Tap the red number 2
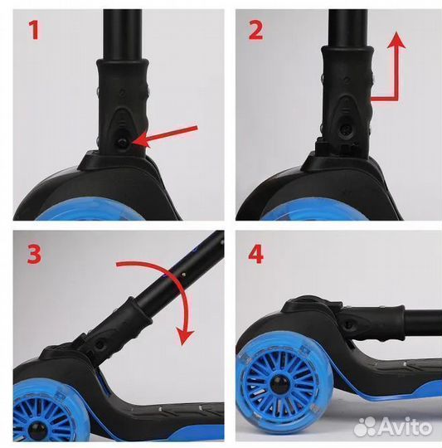click(x=255, y=31)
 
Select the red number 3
click(x=35, y=255)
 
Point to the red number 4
click(x=255, y=255)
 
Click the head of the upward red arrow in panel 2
click(x=396, y=40)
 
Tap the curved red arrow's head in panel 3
click(x=184, y=337)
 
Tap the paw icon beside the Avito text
click(x=366, y=427)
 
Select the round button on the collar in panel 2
click(x=347, y=129)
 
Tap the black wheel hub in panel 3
click(x=36, y=430)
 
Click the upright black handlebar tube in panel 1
click(x=123, y=35)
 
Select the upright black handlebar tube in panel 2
click(x=348, y=28)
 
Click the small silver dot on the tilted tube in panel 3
click(x=184, y=275)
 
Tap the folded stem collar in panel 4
click(x=372, y=324)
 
